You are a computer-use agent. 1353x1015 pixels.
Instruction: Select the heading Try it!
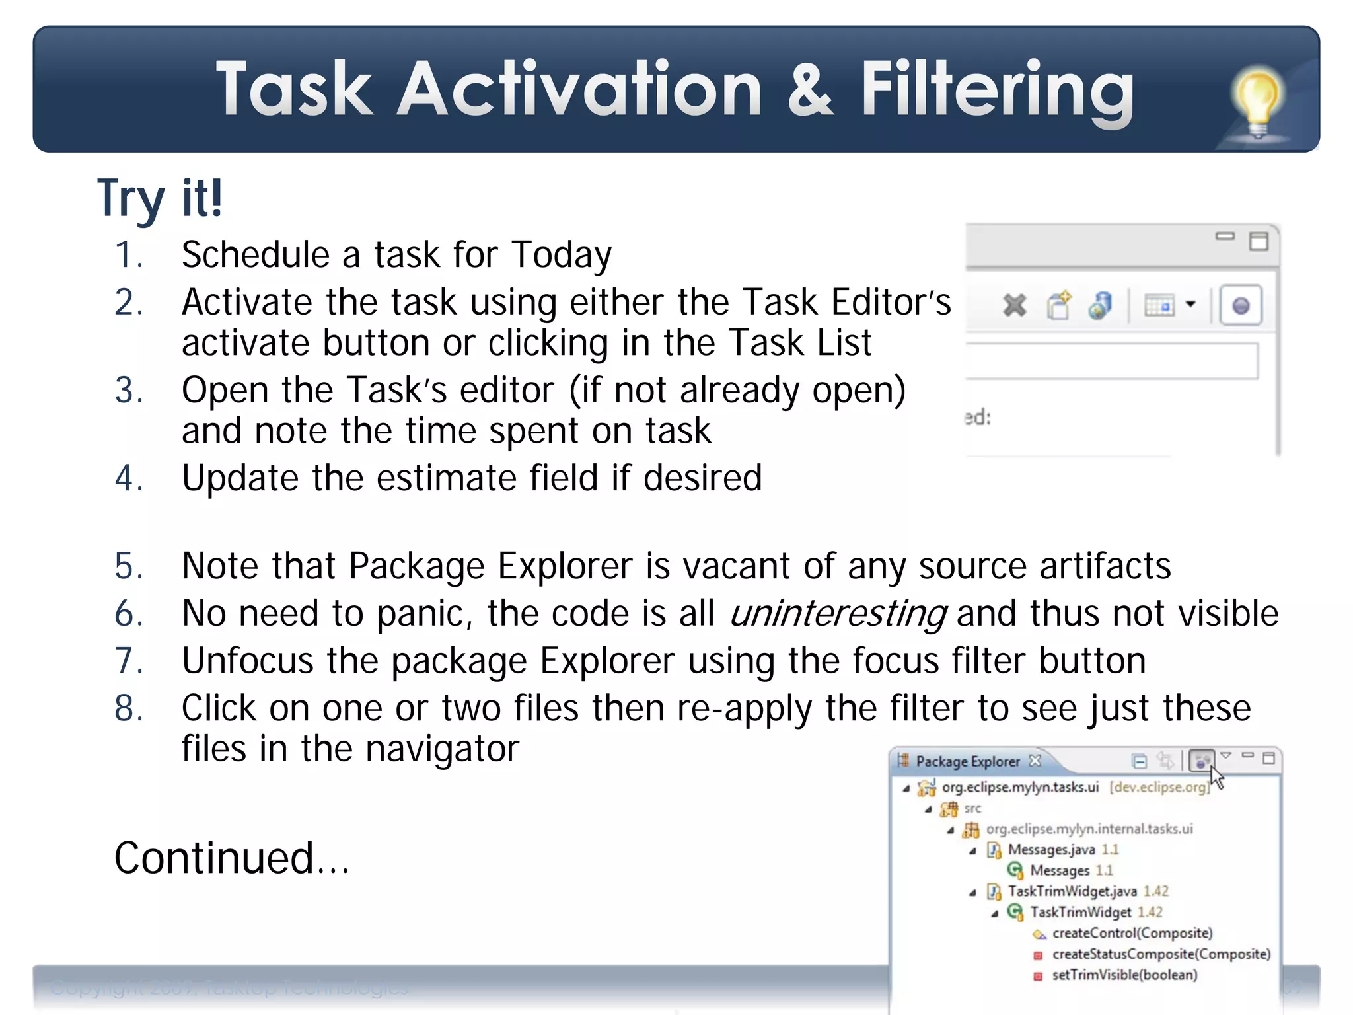160,198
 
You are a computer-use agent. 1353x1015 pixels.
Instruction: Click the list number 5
128,566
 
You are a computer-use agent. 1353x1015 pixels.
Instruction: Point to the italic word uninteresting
838,613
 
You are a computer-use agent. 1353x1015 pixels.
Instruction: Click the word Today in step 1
562,255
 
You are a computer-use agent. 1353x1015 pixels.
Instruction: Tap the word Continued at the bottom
214,858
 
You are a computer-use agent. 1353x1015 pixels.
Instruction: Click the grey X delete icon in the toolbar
1014,306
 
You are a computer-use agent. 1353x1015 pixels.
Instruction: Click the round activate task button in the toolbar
1241,306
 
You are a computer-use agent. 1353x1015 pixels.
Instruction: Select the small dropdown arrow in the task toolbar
1190,305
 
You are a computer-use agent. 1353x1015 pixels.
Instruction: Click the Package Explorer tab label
967,762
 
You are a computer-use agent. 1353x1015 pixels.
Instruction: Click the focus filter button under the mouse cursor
1200,761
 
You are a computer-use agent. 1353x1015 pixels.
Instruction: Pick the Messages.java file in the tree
1050,850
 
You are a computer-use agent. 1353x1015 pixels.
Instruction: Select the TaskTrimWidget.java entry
1072,891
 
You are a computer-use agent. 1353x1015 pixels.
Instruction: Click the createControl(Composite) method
1132,933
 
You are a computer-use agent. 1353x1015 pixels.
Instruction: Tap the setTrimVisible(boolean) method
1124,975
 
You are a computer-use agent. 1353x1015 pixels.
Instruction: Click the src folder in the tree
972,808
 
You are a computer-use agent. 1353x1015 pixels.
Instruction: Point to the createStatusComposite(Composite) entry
1161,954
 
